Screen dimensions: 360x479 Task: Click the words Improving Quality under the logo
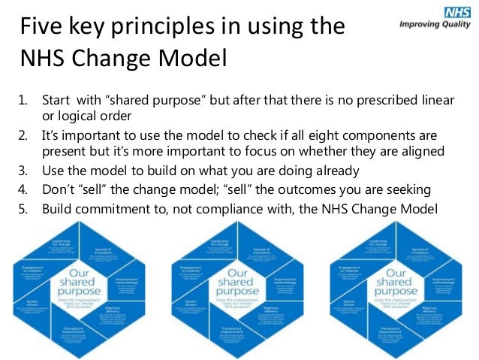(436, 25)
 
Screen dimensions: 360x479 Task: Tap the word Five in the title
(43, 27)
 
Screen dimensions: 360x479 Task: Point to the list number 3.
(23, 170)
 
